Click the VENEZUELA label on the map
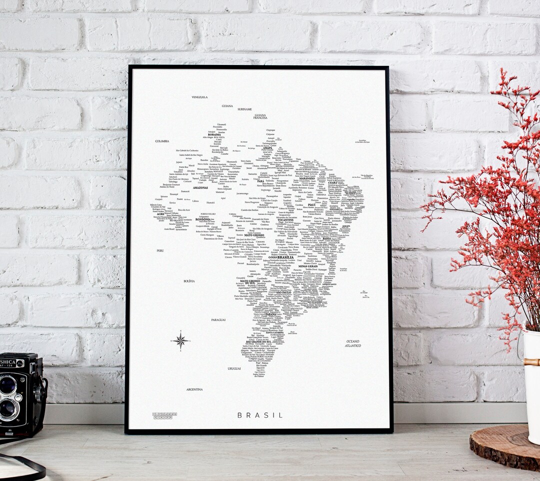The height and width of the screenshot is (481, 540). [199, 97]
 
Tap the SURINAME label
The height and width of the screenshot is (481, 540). [244, 109]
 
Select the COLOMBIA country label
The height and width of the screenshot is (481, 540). [162, 141]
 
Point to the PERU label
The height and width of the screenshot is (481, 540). [160, 250]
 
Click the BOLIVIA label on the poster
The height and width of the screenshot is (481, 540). [189, 281]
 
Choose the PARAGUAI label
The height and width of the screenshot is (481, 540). [218, 319]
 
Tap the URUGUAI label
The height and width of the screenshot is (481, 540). [234, 368]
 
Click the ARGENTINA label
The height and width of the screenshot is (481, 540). [194, 389]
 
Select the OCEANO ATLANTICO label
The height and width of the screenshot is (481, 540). [353, 343]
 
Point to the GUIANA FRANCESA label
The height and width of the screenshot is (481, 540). [260, 116]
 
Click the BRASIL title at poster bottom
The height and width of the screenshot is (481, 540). [260, 415]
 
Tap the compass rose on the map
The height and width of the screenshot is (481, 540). [180, 341]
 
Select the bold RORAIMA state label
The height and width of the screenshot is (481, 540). [214, 134]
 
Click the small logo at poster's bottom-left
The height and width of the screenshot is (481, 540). [164, 415]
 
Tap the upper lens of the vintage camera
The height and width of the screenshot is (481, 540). [8, 385]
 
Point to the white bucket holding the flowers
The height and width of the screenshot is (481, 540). [531, 385]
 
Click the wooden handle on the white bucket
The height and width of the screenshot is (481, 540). [531, 362]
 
